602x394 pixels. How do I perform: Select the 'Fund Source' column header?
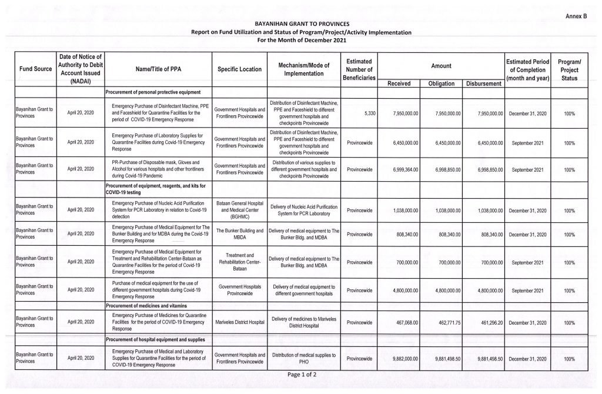point(35,69)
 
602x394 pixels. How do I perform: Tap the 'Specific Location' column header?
point(239,69)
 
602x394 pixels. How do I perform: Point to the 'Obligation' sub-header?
point(441,84)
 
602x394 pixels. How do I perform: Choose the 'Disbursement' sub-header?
point(483,84)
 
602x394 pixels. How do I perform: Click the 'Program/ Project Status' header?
point(569,69)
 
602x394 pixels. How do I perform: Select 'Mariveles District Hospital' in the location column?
point(240,322)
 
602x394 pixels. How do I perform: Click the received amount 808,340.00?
point(405,234)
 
